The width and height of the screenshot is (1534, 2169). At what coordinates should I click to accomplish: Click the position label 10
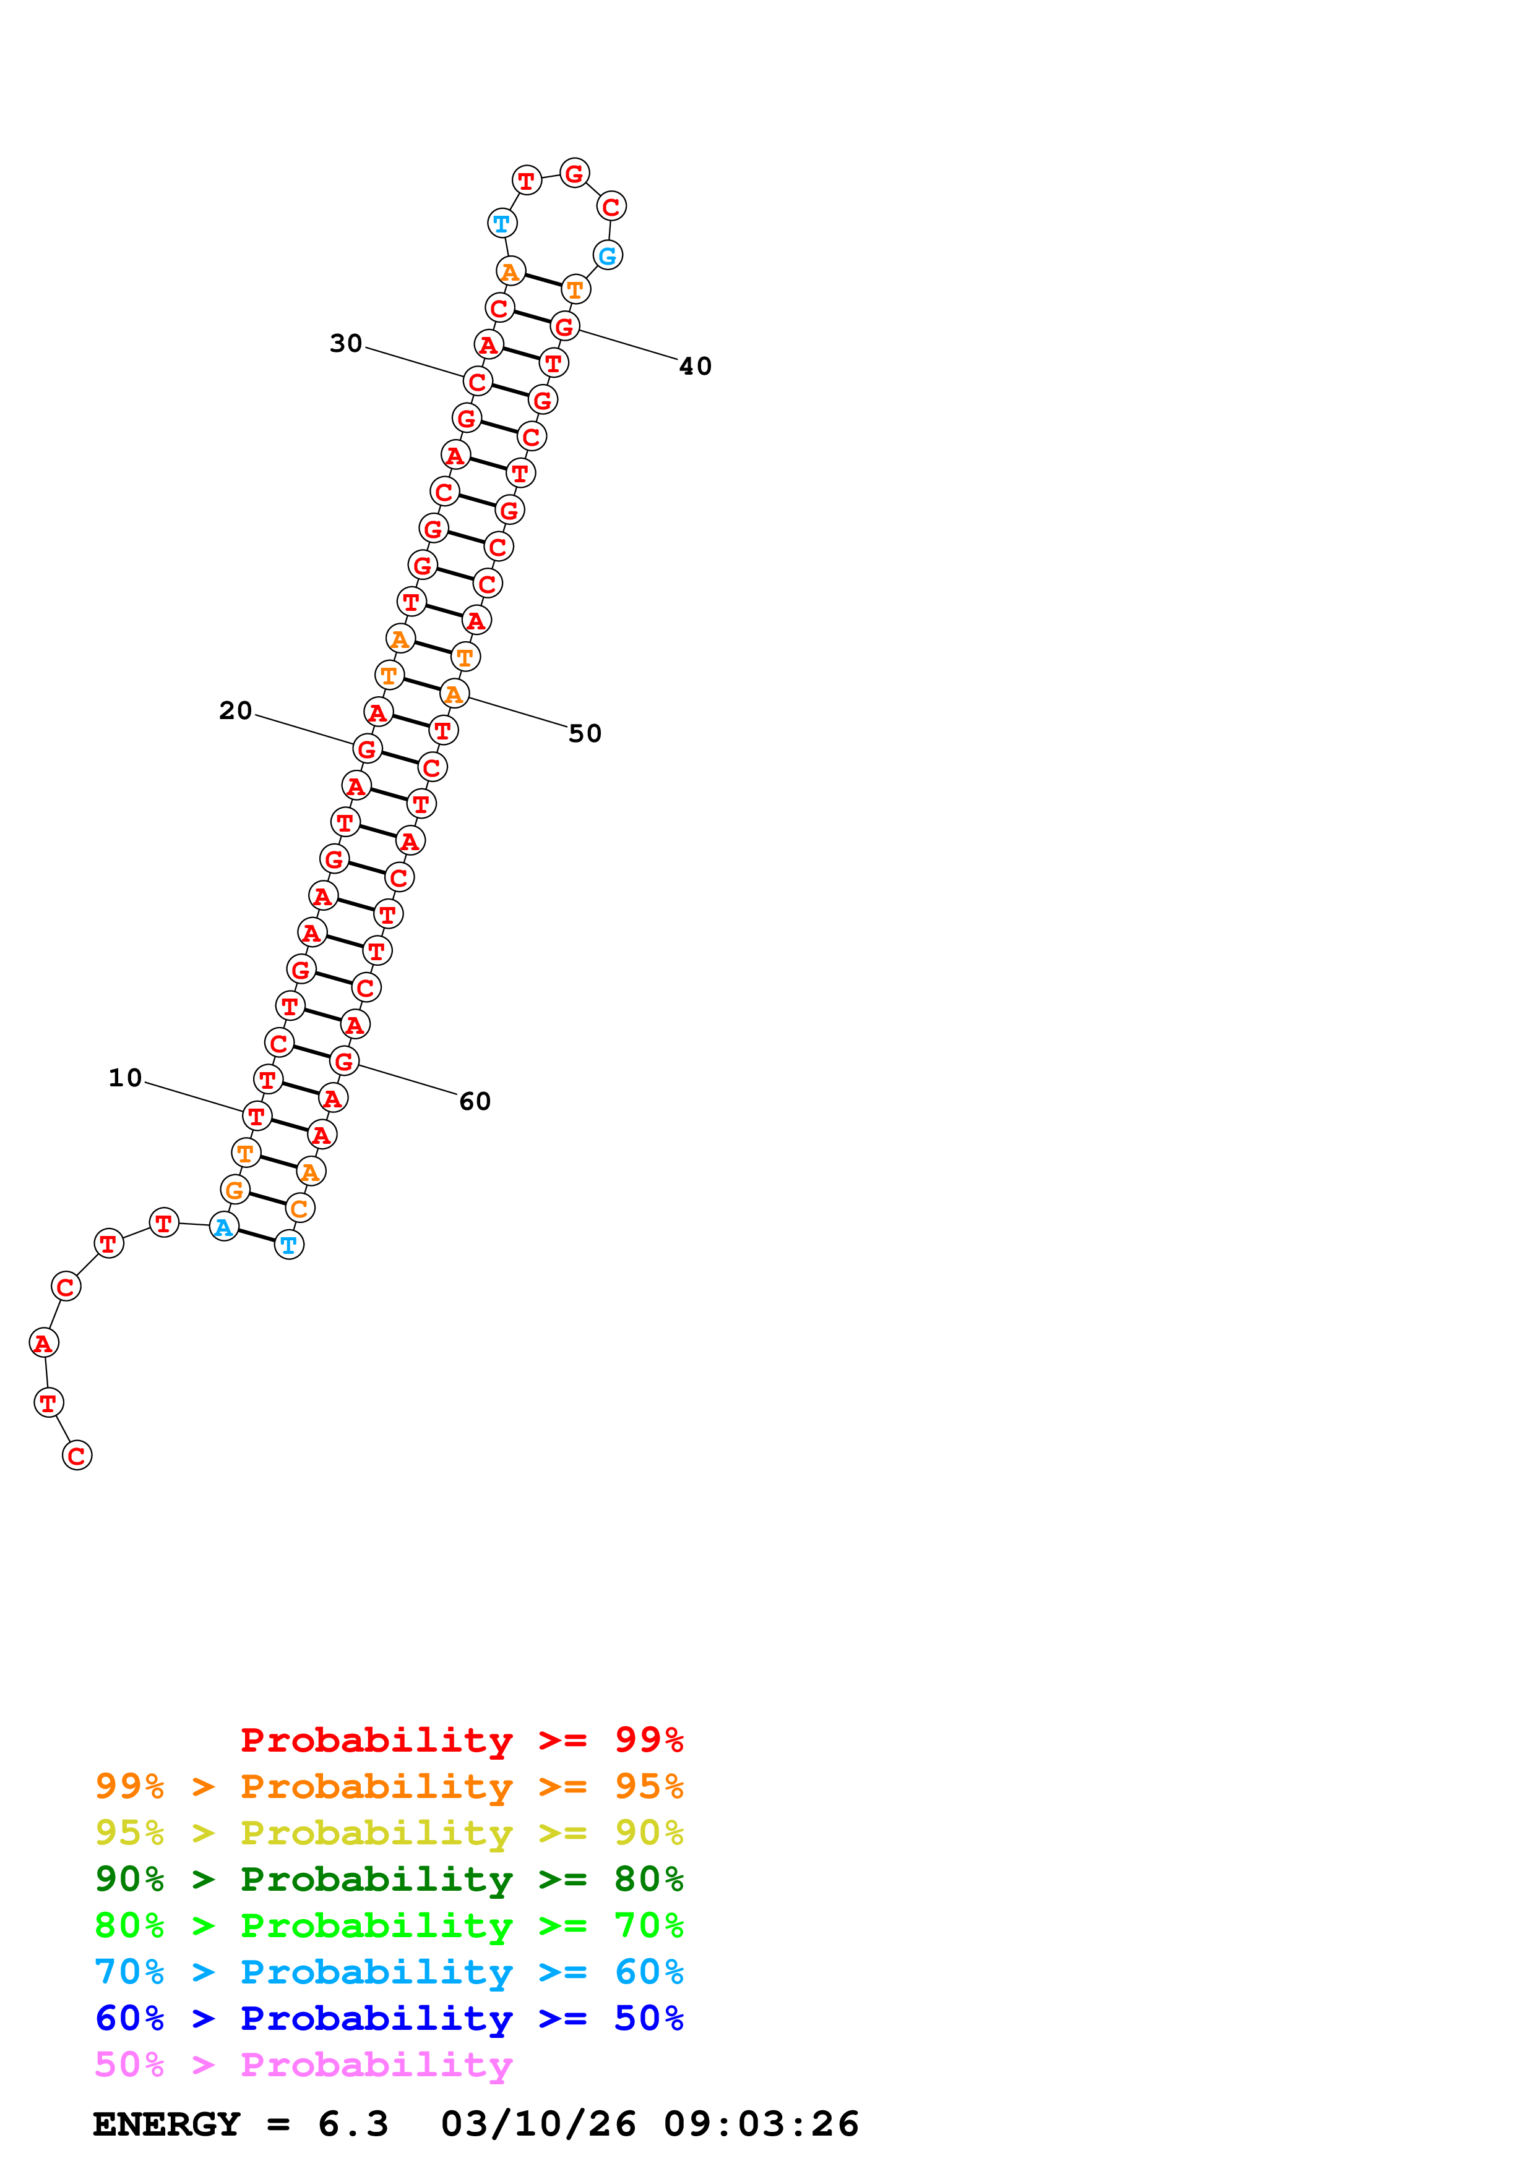click(125, 1078)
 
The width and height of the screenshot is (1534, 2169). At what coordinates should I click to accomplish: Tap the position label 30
click(346, 343)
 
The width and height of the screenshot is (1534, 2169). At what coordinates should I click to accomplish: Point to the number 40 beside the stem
click(695, 367)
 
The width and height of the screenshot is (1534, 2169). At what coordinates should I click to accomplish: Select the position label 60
click(475, 1102)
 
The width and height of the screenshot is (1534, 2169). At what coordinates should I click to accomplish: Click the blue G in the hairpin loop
click(608, 255)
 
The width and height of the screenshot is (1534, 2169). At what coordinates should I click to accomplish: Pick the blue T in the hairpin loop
click(502, 224)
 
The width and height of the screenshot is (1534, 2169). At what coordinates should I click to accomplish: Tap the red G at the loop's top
click(575, 174)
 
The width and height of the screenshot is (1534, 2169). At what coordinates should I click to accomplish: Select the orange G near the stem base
click(235, 1190)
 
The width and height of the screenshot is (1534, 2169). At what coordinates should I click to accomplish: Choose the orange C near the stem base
click(299, 1208)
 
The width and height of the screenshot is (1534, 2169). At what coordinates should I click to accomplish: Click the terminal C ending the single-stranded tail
click(77, 1455)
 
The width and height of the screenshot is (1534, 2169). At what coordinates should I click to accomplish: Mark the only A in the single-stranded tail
click(43, 1342)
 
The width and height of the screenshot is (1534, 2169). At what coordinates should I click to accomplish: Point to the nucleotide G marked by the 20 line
click(368, 749)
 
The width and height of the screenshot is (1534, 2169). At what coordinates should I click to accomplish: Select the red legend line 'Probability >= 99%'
click(461, 1739)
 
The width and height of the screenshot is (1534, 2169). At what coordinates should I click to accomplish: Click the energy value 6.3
click(353, 2124)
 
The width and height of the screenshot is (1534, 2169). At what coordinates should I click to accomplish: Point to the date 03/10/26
click(538, 2124)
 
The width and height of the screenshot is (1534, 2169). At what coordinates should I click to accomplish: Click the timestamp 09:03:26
click(761, 2124)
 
